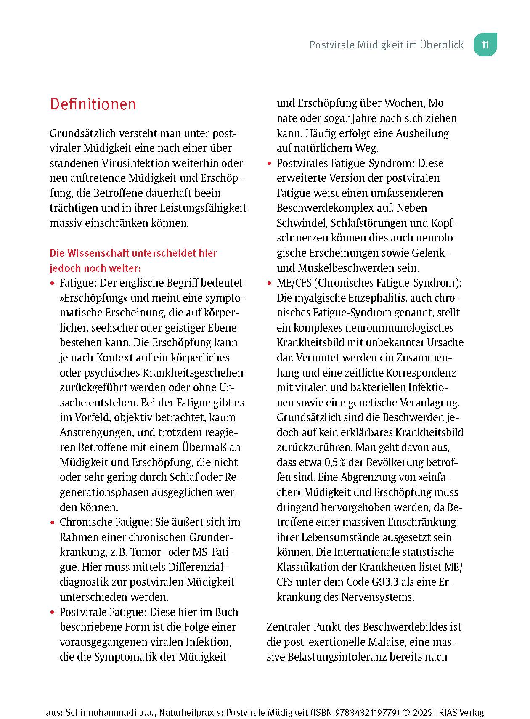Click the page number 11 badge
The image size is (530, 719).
(x=485, y=45)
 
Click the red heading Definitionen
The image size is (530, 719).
(x=93, y=104)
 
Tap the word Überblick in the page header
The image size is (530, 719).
(x=442, y=45)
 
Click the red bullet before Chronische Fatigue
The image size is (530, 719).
(x=53, y=523)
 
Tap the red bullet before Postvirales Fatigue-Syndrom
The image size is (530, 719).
(x=270, y=164)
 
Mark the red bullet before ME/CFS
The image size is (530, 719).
(x=270, y=284)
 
